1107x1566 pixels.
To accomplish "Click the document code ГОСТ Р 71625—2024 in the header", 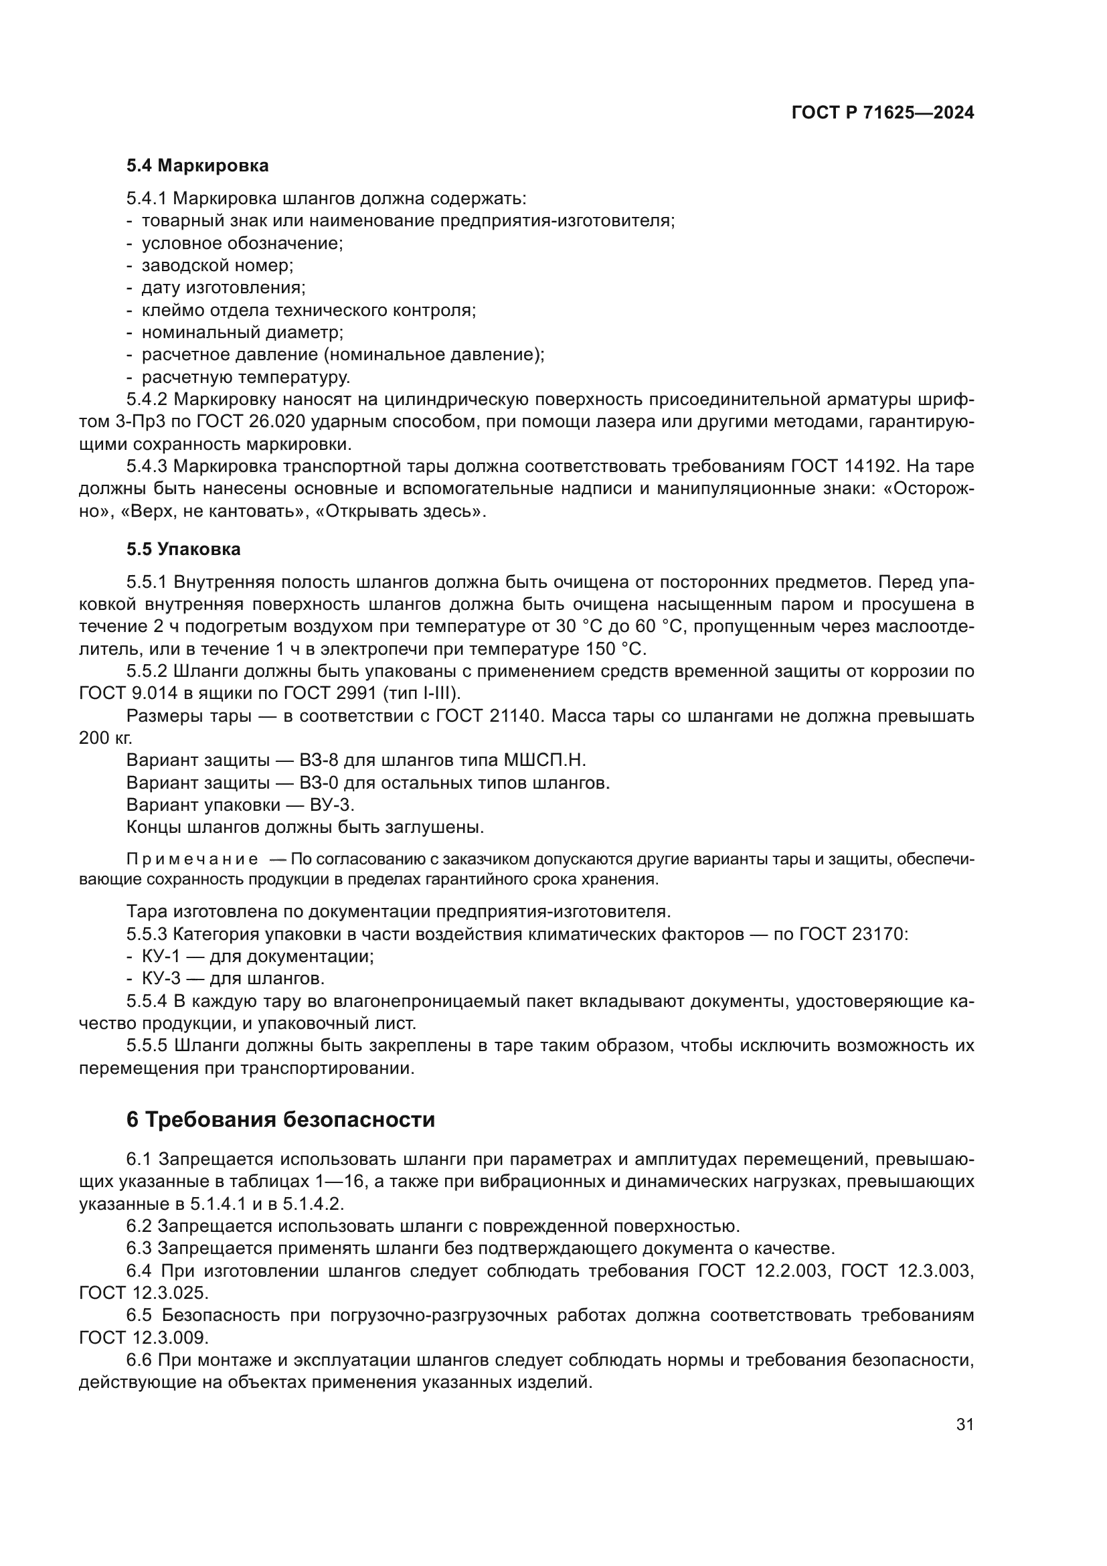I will pos(882,113).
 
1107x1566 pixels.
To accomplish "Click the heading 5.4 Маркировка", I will pos(197,165).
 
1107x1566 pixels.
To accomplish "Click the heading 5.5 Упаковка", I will pos(183,548).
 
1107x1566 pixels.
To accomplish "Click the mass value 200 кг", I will pos(106,738).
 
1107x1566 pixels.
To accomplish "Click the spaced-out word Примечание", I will pos(191,859).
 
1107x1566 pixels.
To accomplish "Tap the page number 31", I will pos(964,1424).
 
